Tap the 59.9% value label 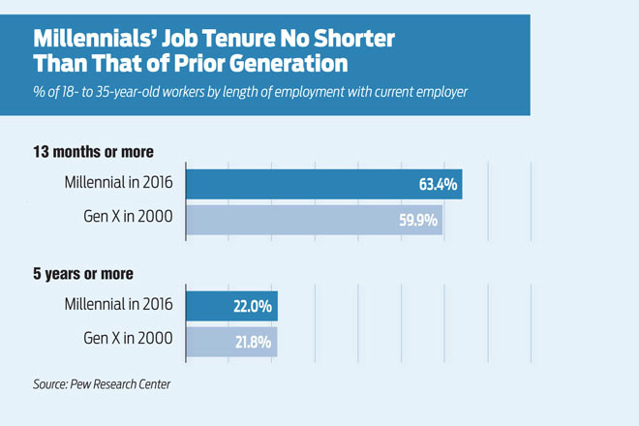(417, 220)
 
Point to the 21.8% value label (252, 342)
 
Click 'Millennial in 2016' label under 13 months (118, 184)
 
